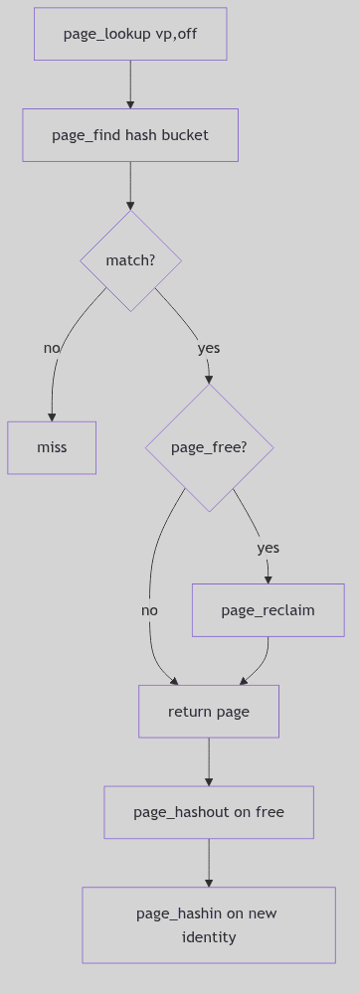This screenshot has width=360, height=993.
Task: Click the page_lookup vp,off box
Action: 130,34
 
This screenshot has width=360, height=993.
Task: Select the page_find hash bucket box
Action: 130,134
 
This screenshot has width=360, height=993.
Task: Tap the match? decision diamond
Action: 130,260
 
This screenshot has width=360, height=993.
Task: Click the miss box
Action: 52,447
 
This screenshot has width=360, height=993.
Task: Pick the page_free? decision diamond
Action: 209,447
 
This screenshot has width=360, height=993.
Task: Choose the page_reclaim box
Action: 268,610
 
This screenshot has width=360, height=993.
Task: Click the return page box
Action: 209,712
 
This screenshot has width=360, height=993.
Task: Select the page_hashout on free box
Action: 209,812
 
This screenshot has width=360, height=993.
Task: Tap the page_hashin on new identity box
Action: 209,925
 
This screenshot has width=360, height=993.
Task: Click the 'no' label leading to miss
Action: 52,348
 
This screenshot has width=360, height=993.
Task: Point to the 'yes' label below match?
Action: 209,348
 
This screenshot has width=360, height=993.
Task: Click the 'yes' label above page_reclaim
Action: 268,548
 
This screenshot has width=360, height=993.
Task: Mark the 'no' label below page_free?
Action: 149,610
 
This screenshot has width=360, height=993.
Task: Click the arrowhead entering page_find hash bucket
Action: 130,103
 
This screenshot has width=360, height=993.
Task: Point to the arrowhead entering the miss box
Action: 52,416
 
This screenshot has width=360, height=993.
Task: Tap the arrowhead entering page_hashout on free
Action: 209,781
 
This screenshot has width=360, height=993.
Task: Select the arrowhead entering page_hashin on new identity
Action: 209,882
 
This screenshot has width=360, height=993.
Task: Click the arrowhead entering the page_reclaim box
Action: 268,579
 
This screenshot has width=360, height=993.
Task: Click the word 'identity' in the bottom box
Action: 209,937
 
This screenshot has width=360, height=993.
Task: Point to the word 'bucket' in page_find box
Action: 186,134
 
